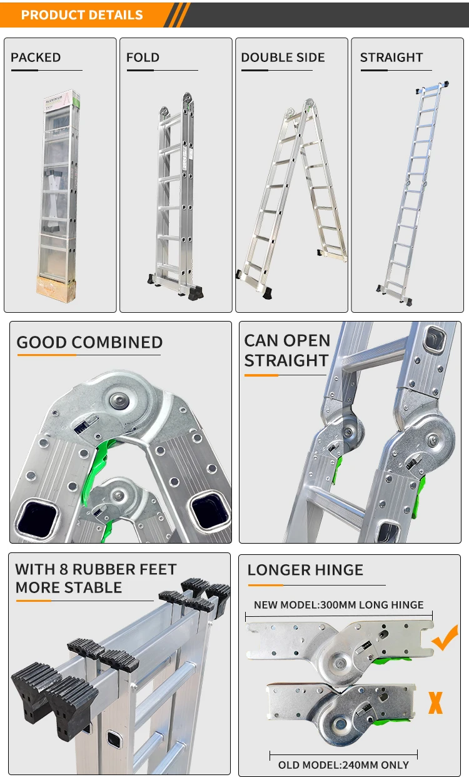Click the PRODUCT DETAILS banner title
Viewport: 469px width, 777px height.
[82, 15]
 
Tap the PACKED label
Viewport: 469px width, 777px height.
[36, 57]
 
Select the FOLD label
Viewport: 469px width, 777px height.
[143, 57]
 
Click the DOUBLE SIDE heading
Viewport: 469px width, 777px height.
[283, 57]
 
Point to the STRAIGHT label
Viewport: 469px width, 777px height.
[391, 57]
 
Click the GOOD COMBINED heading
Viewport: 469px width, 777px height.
[90, 342]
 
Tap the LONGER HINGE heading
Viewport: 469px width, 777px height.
[305, 570]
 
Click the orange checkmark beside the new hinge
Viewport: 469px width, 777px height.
[445, 637]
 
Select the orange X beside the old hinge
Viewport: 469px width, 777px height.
[435, 703]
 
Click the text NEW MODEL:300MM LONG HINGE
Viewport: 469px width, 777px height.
[339, 605]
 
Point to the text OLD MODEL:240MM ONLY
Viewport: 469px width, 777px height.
[343, 765]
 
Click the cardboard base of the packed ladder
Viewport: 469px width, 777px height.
[56, 288]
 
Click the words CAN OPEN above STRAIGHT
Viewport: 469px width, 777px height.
[288, 340]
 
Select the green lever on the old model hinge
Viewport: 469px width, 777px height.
[391, 723]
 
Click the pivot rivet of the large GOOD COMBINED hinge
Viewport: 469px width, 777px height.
[119, 400]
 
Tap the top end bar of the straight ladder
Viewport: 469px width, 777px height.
[432, 88]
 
